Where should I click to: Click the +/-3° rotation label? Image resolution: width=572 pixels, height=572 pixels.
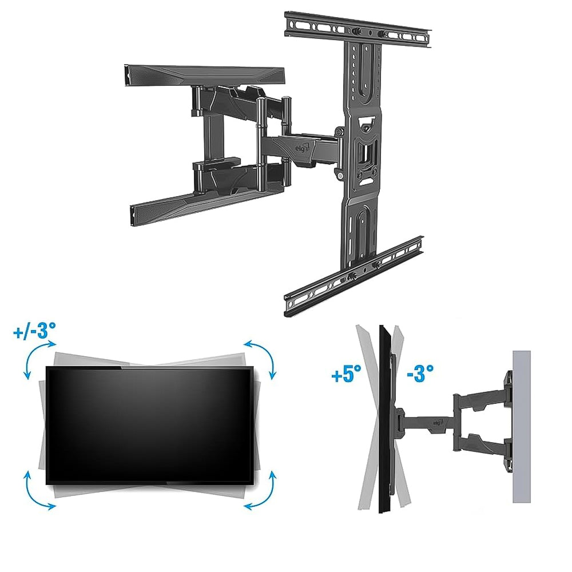click(x=35, y=331)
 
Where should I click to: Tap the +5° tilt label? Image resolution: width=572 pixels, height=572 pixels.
click(x=346, y=374)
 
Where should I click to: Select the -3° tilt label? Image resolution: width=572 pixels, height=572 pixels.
click(x=420, y=373)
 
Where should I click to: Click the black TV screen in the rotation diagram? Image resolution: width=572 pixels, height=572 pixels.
click(x=149, y=426)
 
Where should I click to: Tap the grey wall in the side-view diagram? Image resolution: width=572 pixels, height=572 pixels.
click(x=521, y=427)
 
